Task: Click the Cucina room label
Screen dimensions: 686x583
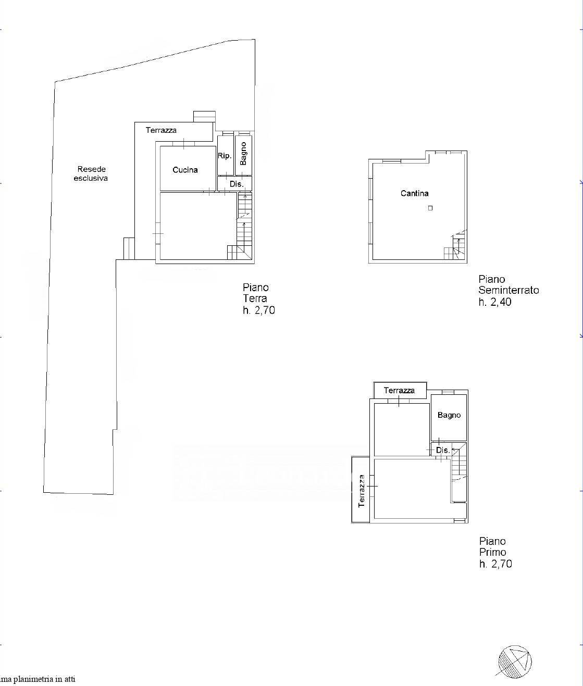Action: [185, 170]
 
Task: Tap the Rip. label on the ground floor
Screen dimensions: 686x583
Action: [225, 156]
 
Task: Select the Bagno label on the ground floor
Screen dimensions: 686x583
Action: [243, 154]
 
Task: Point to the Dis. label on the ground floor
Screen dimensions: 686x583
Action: [237, 184]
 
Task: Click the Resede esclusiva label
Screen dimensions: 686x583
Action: [91, 173]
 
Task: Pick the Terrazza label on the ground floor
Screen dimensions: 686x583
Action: [161, 130]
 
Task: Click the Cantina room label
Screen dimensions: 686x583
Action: [415, 193]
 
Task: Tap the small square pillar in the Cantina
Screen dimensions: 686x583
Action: [430, 208]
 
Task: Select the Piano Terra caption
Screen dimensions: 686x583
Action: [255, 293]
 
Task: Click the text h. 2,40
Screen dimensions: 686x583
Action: [495, 302]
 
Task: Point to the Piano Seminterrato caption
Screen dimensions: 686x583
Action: [508, 285]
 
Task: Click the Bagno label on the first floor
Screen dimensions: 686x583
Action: [449, 415]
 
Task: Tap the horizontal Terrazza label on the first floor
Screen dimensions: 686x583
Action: [399, 390]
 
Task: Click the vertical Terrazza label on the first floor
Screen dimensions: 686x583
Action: [362, 491]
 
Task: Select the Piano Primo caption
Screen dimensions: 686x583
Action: [493, 547]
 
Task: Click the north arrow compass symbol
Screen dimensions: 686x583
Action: [515, 661]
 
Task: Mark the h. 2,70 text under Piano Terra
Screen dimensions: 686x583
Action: [258, 310]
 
